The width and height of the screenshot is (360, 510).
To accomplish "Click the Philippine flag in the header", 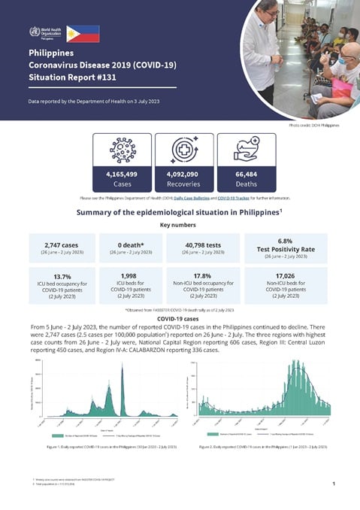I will coord(83,33).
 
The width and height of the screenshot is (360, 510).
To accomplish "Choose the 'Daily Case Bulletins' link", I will coord(192,197).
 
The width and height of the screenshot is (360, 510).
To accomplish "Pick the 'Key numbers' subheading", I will coord(180,224).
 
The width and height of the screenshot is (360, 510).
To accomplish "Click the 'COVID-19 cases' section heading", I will coord(180,318).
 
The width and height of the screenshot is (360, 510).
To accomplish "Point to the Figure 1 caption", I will coord(105,446).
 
